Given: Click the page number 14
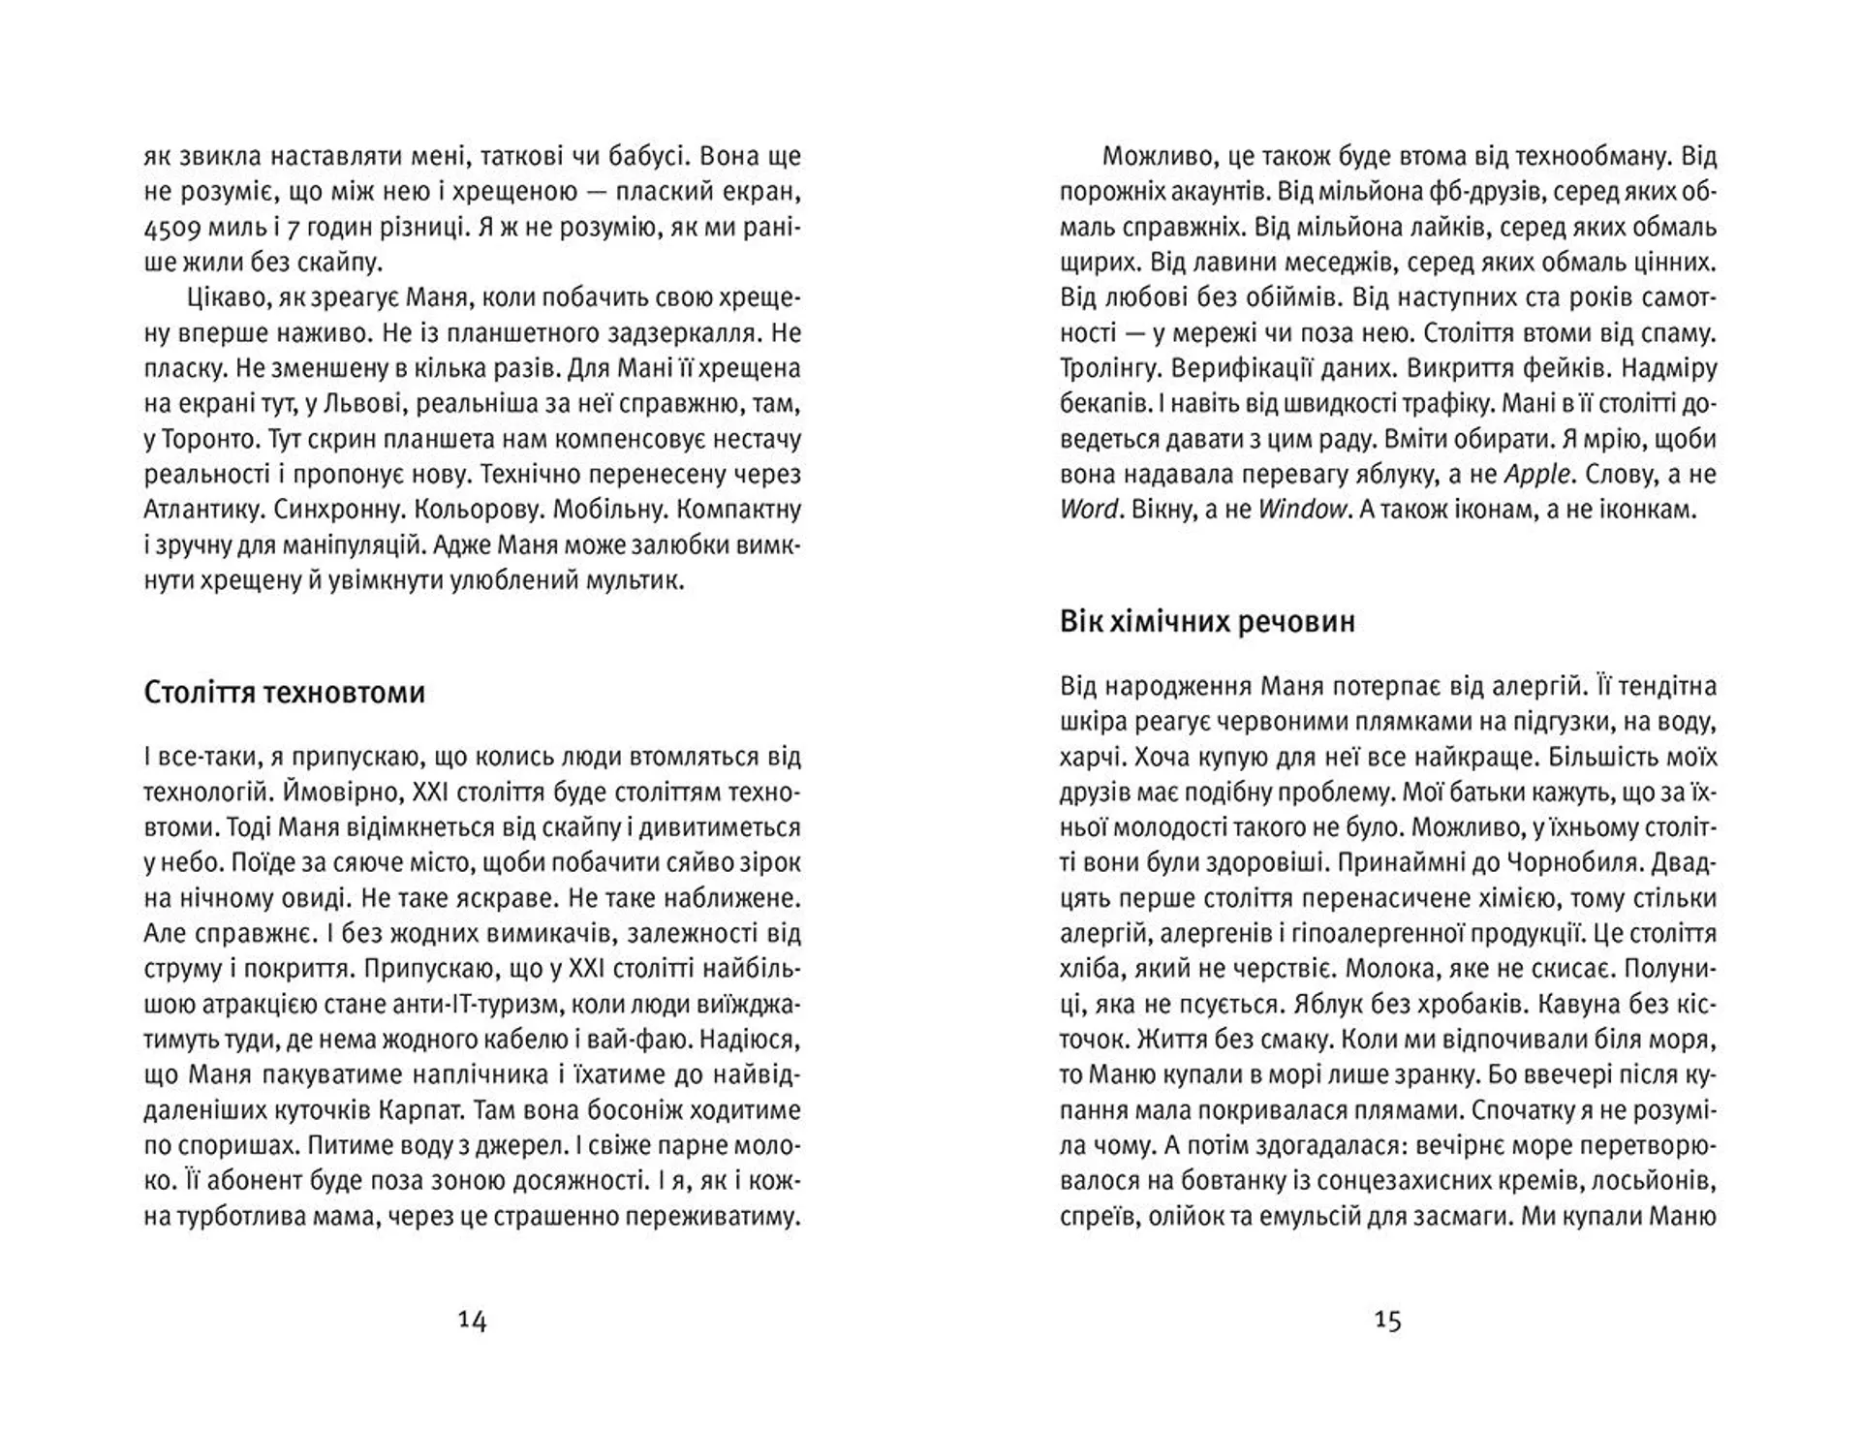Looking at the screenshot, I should (472, 1321).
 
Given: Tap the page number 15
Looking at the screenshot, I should (1387, 1321).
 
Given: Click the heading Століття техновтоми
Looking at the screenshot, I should (284, 693).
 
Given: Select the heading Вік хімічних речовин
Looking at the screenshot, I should (1207, 621).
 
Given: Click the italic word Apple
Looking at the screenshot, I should (1536, 474).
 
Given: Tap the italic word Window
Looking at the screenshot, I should (1302, 509).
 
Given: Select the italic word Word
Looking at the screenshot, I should (1090, 509).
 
